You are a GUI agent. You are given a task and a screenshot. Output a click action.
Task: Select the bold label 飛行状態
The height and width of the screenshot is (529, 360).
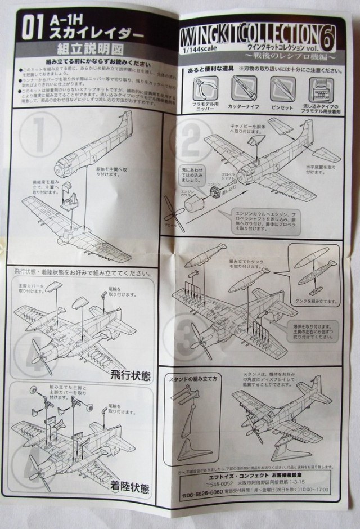coord(130,360)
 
